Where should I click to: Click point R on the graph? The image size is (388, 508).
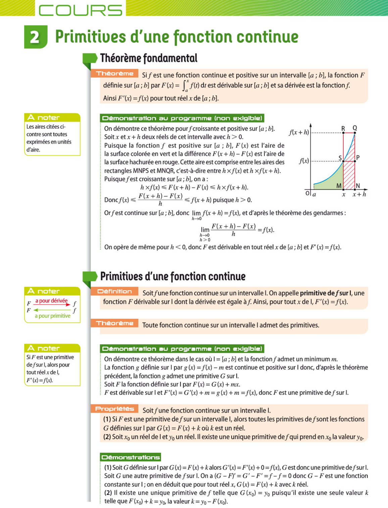343,133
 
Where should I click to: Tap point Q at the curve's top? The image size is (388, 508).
355,133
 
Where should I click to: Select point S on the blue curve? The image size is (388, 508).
343,161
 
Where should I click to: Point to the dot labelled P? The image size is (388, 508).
355,161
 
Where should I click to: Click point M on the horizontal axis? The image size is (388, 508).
343,189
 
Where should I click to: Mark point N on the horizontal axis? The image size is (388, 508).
355,189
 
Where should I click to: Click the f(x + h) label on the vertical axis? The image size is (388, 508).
299,132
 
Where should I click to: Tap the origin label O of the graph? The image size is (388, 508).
307,194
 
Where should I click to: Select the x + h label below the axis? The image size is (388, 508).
359,195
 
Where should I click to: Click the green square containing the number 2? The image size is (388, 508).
35,37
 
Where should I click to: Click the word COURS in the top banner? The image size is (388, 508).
81,10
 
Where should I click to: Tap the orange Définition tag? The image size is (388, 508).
114,291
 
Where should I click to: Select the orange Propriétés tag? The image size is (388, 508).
114,409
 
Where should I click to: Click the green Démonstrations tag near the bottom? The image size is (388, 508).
131,457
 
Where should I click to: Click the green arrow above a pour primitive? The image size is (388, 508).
52,310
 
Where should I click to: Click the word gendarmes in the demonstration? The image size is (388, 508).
328,213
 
